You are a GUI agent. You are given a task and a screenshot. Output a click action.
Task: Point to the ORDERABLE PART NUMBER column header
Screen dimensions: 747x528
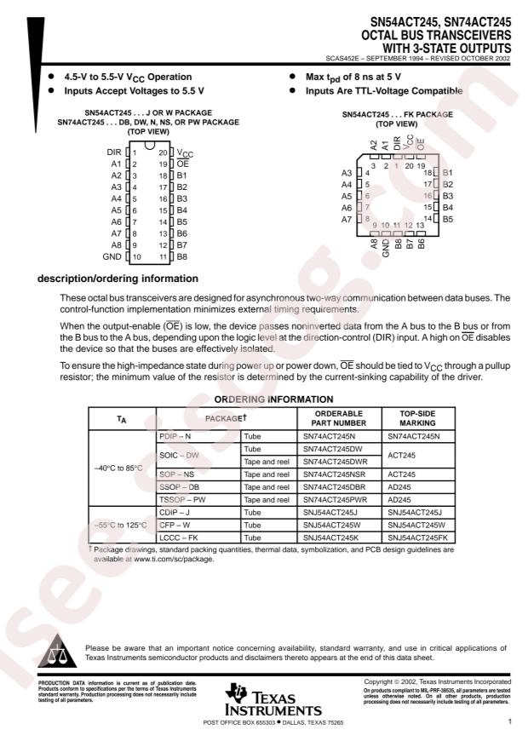(337, 417)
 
